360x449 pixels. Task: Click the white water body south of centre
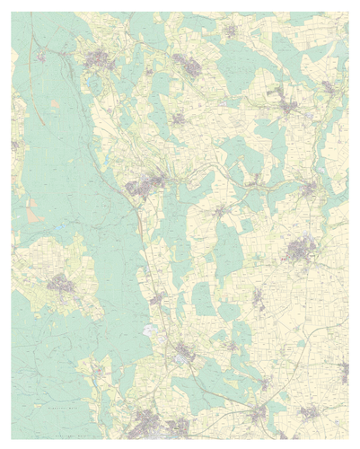click(149, 330)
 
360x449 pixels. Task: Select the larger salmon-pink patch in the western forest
click(34, 214)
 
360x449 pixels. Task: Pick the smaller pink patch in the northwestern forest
click(56, 104)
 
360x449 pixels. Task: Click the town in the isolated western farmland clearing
click(61, 283)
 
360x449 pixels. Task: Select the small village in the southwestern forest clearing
click(99, 368)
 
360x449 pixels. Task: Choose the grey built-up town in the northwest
click(99, 60)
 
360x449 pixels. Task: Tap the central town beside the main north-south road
click(144, 186)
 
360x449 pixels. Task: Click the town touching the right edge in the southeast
click(344, 368)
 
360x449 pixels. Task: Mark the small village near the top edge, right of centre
click(231, 31)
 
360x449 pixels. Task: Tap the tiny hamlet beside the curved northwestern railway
click(41, 57)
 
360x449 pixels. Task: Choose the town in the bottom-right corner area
click(310, 413)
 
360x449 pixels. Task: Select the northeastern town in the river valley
click(287, 105)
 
